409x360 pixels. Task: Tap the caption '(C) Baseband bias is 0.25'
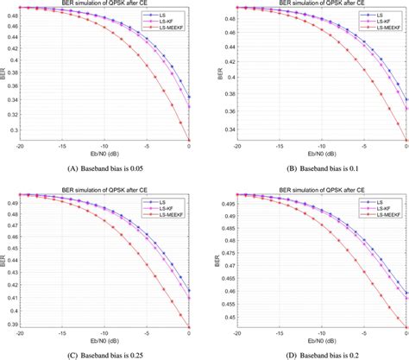(x=104, y=353)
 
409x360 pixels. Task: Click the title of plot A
(x=104, y=3)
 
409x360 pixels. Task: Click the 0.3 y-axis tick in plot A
(x=12, y=129)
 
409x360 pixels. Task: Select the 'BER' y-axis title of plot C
(x=3, y=259)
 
